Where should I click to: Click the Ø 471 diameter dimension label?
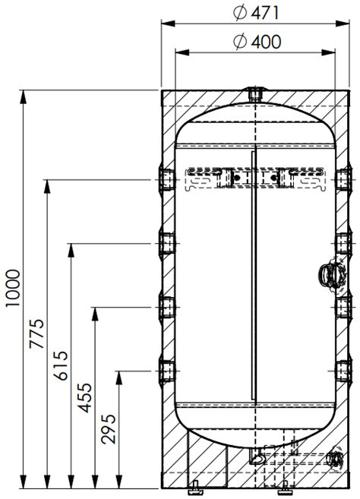[x=256, y=13]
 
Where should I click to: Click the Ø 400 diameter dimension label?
[x=257, y=42]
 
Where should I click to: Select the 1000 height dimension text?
[x=14, y=289]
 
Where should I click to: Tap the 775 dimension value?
[x=36, y=333]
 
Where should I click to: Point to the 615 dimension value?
[x=61, y=365]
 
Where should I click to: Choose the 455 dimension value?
[x=84, y=397]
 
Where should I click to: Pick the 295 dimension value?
[x=109, y=429]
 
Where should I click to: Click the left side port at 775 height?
[x=167, y=180]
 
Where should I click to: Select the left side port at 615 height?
[x=167, y=244]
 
